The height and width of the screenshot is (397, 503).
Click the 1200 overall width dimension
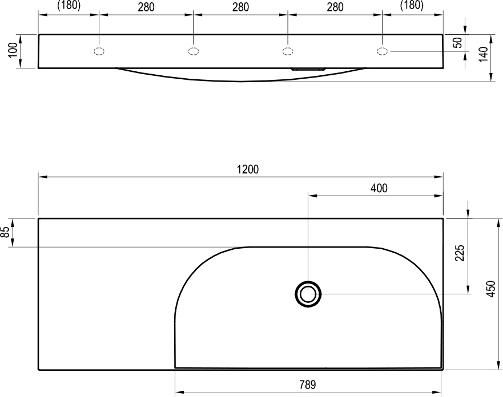coord(248,169)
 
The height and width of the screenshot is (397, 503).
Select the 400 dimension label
coord(379,188)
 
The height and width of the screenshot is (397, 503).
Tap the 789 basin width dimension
coord(308,384)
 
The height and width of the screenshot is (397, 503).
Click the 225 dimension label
coord(460,253)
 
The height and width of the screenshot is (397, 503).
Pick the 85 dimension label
coord(5,232)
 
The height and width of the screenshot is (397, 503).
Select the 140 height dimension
coord(483,54)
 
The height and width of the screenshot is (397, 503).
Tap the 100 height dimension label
coord(13,50)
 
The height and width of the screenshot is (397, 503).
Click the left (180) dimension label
coord(69,5)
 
